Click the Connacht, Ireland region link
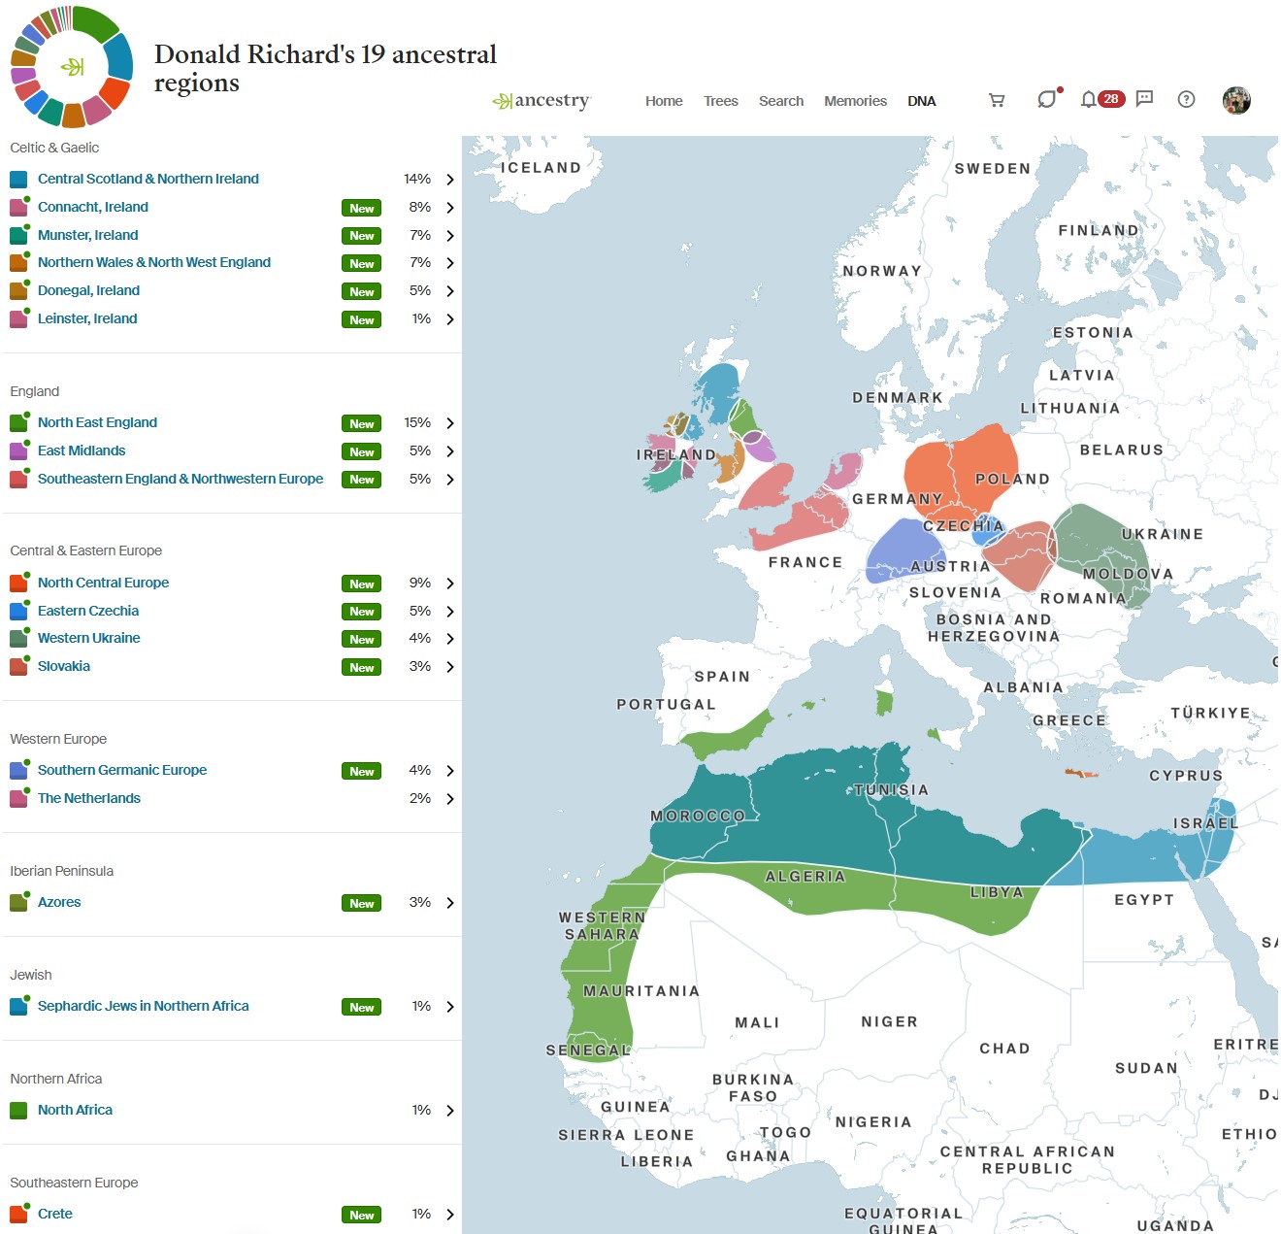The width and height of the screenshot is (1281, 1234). click(92, 207)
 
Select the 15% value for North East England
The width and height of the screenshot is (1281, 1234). click(417, 422)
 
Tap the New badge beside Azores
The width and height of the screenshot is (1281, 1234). click(361, 903)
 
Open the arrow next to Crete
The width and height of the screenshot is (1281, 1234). click(449, 1214)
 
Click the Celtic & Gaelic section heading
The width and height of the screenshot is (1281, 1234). click(54, 148)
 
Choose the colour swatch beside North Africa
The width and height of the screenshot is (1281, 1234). click(18, 1110)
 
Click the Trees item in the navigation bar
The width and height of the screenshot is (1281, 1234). click(720, 101)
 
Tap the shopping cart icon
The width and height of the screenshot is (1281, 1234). click(996, 100)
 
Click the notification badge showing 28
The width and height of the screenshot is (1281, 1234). click(1111, 99)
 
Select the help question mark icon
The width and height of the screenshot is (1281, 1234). click(1186, 99)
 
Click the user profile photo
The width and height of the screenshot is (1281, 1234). click(1236, 100)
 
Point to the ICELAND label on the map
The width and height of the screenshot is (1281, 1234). click(541, 167)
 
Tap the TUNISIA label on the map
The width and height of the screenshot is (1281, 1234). click(891, 789)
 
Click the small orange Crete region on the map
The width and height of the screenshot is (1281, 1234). click(1080, 773)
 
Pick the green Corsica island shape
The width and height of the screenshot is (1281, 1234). click(884, 702)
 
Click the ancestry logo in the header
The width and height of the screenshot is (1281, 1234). click(542, 101)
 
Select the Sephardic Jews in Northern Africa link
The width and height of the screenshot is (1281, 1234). click(143, 1006)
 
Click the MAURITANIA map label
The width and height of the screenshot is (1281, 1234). click(640, 990)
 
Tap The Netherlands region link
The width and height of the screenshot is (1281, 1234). click(88, 798)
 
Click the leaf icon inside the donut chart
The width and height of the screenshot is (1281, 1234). click(73, 66)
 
